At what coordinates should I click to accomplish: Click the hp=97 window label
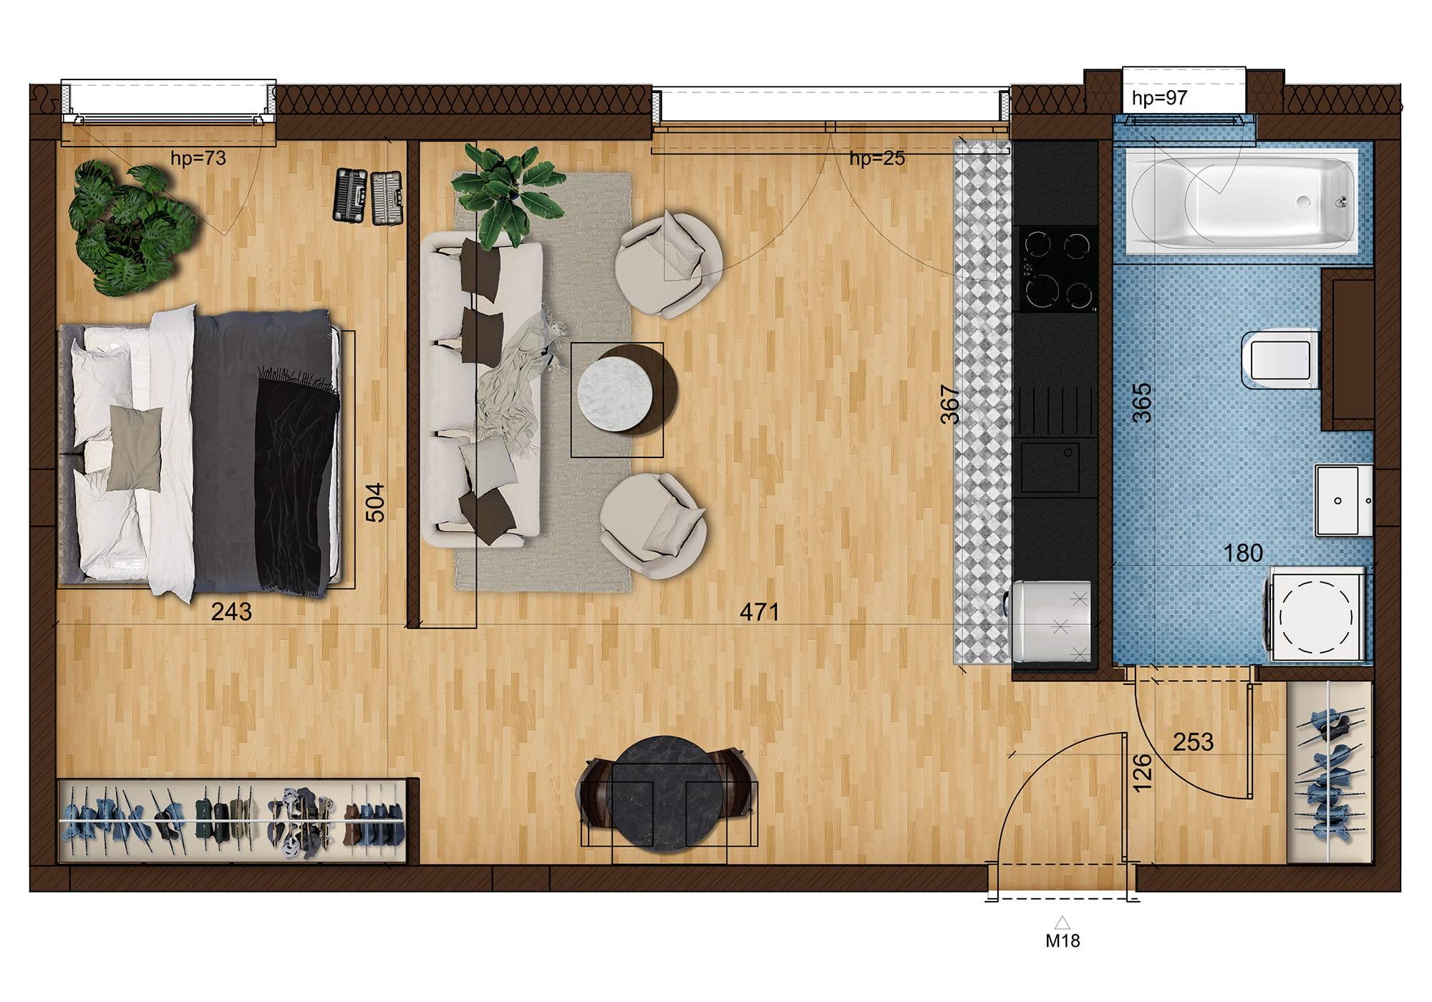pyautogui.click(x=1159, y=98)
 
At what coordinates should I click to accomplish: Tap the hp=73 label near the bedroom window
pyautogui.click(x=198, y=158)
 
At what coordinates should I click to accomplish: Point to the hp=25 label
pyautogui.click(x=877, y=158)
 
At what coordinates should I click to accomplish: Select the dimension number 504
pyautogui.click(x=375, y=502)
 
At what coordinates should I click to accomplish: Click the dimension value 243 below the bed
pyautogui.click(x=231, y=612)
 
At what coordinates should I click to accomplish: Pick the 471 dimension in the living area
pyautogui.click(x=759, y=612)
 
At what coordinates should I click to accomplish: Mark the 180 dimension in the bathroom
pyautogui.click(x=1243, y=553)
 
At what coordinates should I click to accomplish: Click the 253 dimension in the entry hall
pyautogui.click(x=1193, y=742)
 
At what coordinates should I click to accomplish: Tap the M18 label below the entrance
pyautogui.click(x=1063, y=940)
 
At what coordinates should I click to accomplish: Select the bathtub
pyautogui.click(x=1242, y=202)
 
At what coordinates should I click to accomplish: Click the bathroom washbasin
pyautogui.click(x=1343, y=500)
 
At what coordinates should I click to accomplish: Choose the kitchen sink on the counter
pyautogui.click(x=1050, y=467)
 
